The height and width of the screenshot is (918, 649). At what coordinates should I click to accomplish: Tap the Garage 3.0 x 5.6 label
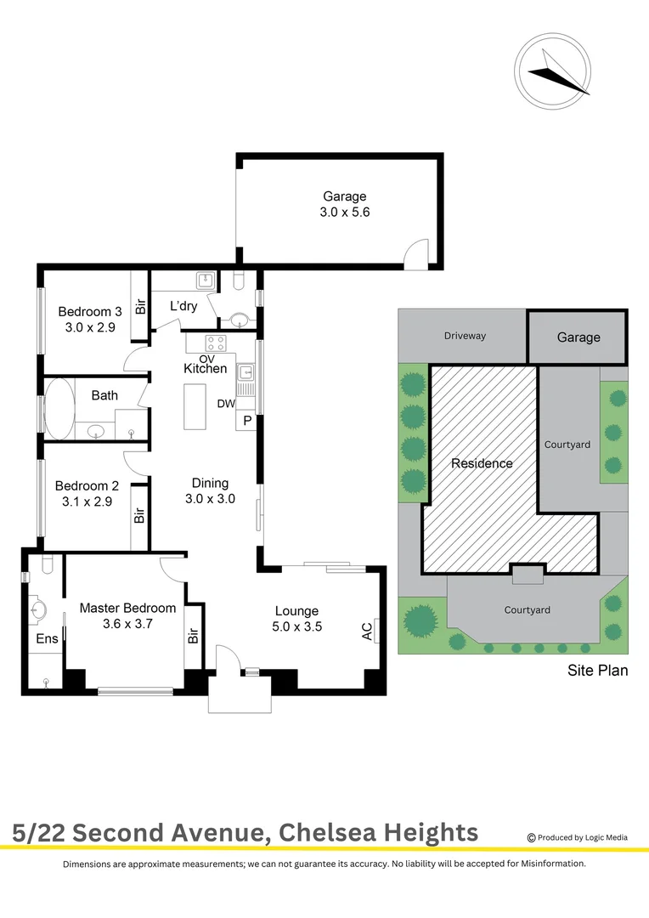point(344,205)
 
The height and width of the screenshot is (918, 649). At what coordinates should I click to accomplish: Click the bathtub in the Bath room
point(59,409)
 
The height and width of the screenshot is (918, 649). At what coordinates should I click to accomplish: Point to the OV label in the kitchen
point(206,358)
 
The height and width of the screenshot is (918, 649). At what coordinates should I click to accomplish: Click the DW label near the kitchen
point(226,404)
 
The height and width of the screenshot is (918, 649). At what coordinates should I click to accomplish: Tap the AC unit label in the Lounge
point(367,632)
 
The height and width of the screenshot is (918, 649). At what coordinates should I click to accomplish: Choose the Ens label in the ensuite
point(47,638)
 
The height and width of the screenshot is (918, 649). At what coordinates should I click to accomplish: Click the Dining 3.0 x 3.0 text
point(210,491)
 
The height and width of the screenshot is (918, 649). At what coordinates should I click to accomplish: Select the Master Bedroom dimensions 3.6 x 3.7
point(127,624)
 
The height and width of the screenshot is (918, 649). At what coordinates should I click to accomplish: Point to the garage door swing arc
point(415,254)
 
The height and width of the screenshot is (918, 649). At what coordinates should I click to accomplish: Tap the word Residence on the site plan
point(482,463)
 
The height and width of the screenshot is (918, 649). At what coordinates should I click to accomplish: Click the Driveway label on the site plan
point(465,336)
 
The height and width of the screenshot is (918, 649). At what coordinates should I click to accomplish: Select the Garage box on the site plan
point(578,337)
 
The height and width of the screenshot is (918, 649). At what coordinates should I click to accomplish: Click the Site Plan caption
point(597,671)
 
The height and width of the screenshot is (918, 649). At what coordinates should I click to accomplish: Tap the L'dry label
point(183,306)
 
